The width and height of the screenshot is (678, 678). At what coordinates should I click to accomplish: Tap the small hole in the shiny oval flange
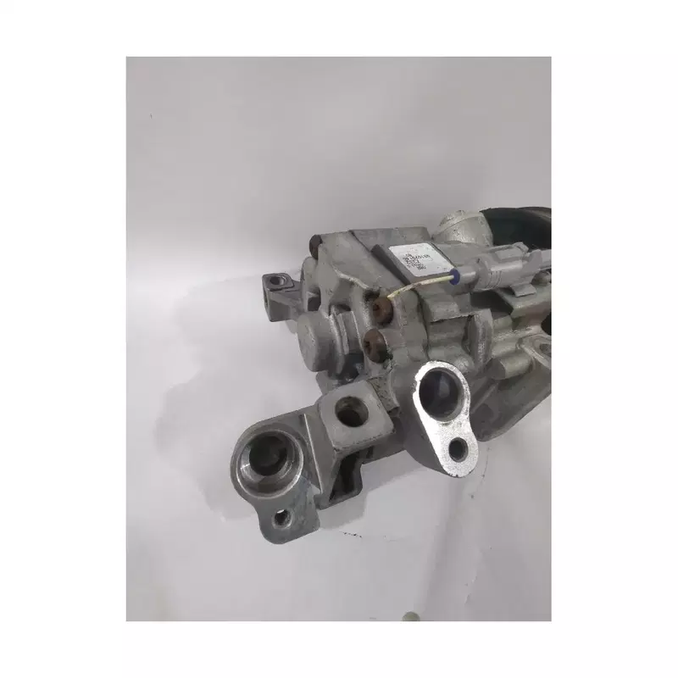[458, 450]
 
